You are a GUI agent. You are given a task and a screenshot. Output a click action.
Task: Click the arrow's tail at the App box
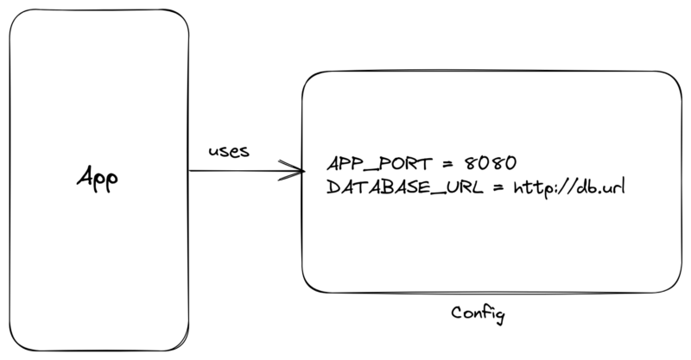point(190,171)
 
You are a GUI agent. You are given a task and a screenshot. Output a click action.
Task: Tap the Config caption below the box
point(478,313)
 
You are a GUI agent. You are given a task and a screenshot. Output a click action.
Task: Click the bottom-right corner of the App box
point(185,344)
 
